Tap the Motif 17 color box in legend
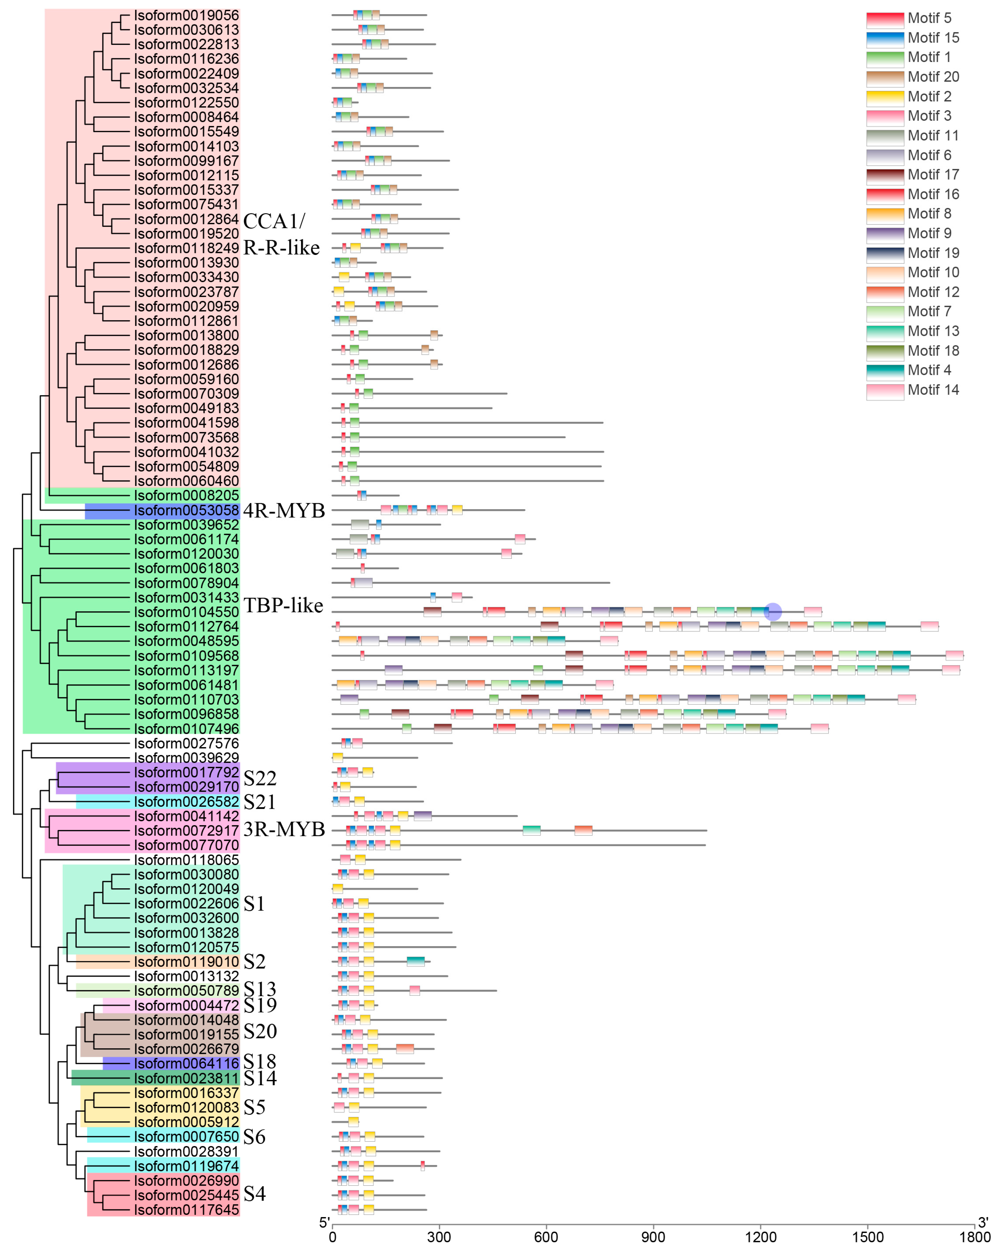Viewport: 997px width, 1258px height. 885,175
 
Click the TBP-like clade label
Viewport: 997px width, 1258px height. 283,606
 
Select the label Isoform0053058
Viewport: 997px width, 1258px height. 186,511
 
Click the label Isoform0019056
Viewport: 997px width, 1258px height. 186,15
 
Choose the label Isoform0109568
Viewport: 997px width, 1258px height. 186,656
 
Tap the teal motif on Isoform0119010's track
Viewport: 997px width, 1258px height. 415,962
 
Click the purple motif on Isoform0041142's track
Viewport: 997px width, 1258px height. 422,816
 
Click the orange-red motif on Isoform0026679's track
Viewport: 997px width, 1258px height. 405,1049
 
